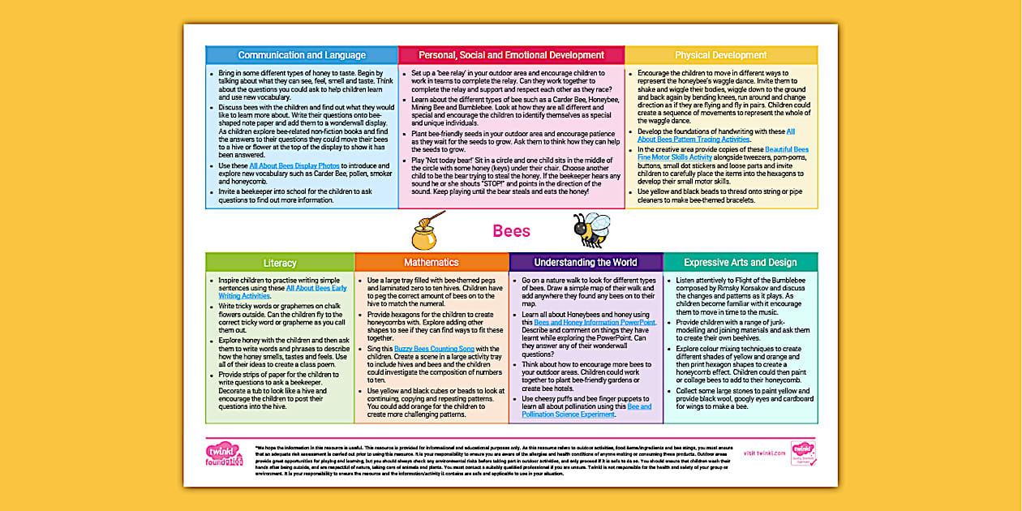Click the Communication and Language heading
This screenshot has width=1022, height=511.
coord(302,55)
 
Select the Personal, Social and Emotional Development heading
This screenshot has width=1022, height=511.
coord(511,55)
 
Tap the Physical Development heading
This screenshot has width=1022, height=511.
coord(721,55)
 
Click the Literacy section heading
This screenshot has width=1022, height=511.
coord(280,263)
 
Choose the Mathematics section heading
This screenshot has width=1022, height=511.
coord(432,263)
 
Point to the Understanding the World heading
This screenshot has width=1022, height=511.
coord(586,263)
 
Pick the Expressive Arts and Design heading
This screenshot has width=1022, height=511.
coord(740,263)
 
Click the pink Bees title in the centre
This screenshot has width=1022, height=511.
coord(511,231)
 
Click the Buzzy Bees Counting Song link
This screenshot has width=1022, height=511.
coord(434,348)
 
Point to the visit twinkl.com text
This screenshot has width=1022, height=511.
coord(764,453)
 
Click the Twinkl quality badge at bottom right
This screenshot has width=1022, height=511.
coord(802,453)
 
